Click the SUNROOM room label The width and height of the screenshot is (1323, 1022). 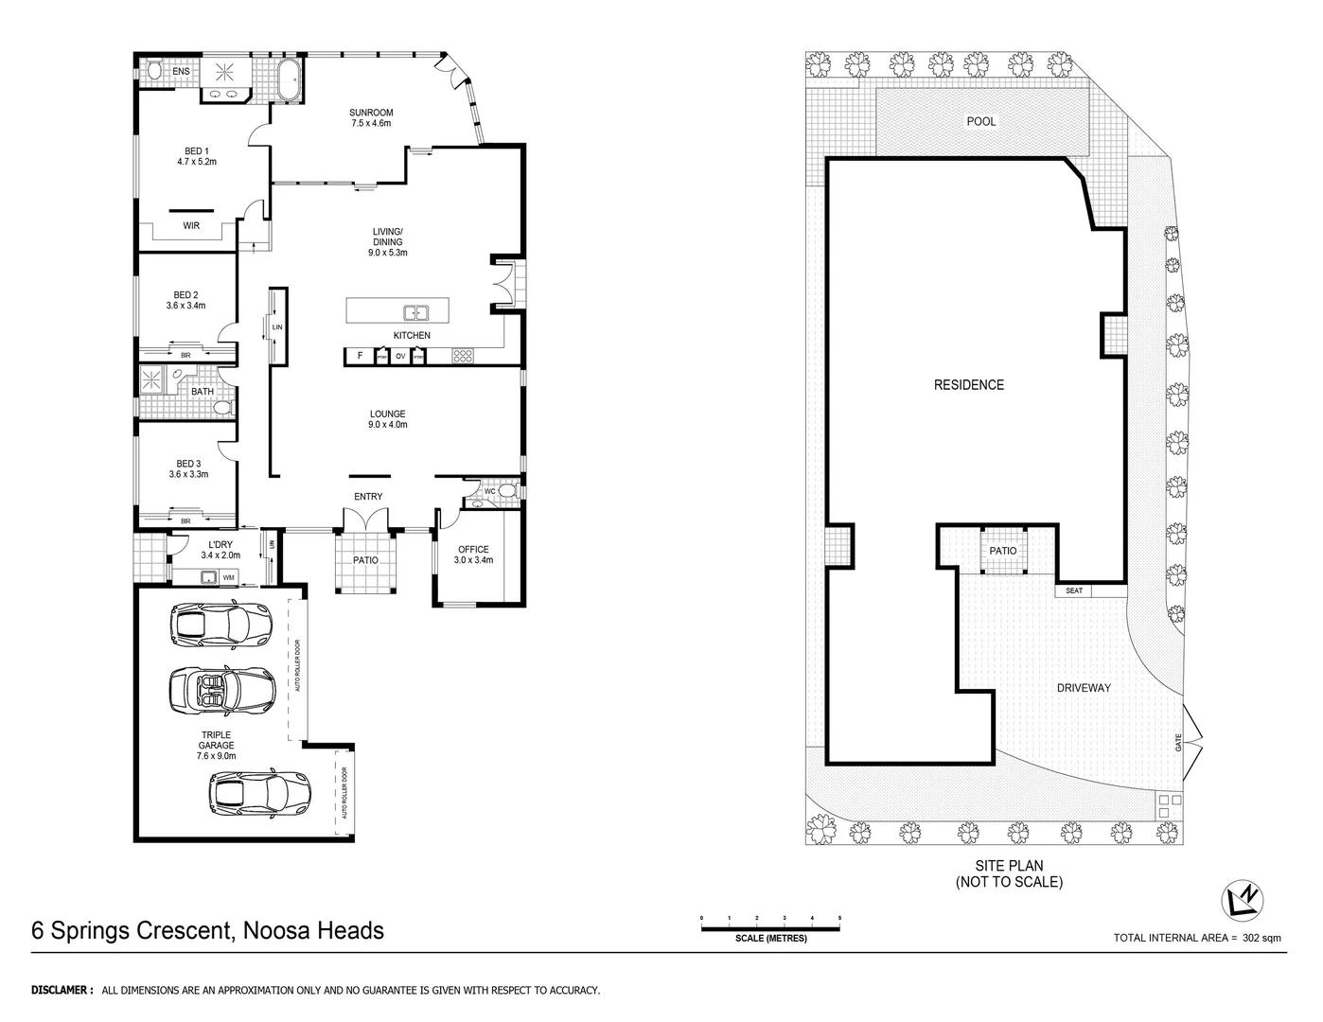point(371,113)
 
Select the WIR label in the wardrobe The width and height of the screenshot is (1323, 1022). point(191,225)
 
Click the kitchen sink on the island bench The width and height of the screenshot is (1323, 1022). point(415,312)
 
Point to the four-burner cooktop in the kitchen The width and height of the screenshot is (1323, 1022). point(463,357)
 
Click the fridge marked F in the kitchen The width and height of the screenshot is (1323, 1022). point(360,357)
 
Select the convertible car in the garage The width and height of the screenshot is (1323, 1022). point(221,690)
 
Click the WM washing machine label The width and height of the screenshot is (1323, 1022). point(228,576)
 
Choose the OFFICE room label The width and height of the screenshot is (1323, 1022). point(473,549)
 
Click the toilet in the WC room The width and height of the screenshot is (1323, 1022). point(505,491)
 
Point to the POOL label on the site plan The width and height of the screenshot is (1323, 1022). point(980,121)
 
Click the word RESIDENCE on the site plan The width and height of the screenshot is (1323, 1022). point(968,385)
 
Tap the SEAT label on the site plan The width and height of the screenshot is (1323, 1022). point(1073,590)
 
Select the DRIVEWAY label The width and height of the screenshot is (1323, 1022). point(1084,688)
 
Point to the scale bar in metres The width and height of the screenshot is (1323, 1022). point(770,928)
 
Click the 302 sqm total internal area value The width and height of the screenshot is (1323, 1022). point(1261,938)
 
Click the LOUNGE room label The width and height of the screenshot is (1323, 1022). point(387,414)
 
